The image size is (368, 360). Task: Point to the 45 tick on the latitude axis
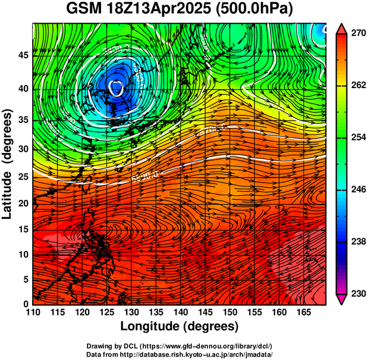(x=23, y=56)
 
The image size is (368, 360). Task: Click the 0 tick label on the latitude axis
(x=26, y=304)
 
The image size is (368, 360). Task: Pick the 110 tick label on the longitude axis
(x=33, y=312)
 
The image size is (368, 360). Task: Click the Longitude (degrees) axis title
(x=180, y=326)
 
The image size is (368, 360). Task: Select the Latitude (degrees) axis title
(x=8, y=164)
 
